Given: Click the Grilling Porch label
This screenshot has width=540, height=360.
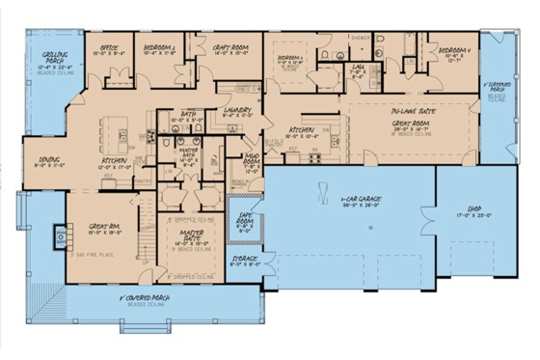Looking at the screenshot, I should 49,58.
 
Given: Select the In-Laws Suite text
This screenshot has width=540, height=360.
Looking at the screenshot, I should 413,112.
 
